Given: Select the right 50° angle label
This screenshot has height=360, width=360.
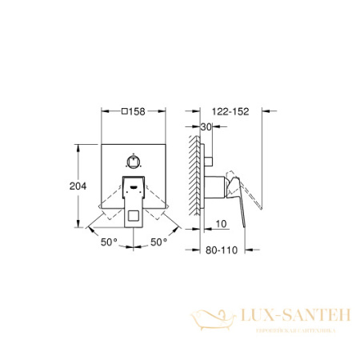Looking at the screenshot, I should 159,240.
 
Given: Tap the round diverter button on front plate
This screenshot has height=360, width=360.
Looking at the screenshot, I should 134,159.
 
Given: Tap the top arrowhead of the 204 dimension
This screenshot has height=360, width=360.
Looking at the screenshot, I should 78,146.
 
